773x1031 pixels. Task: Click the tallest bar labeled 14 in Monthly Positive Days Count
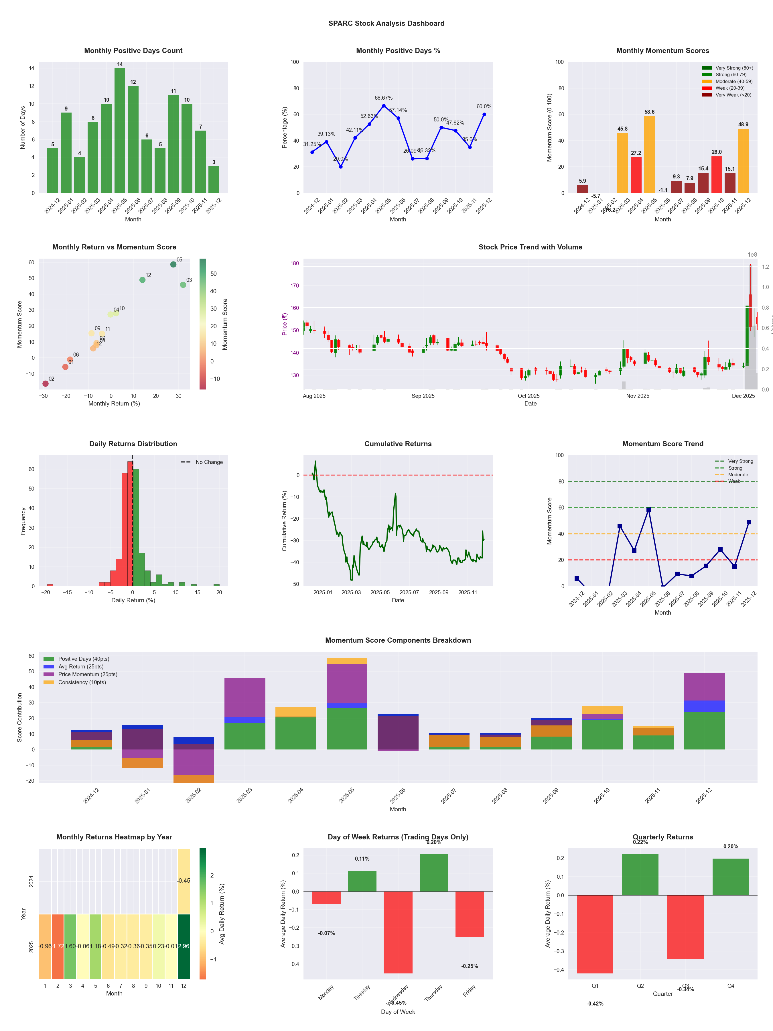(120, 131)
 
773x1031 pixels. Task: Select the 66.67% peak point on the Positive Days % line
(384, 106)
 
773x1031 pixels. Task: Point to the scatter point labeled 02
(45, 383)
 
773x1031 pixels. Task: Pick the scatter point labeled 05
(173, 264)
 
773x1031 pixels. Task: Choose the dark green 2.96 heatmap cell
(184, 946)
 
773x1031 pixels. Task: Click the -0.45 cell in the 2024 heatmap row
(184, 881)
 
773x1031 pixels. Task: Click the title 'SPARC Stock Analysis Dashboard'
(386, 23)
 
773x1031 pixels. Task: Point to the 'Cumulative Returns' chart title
(398, 444)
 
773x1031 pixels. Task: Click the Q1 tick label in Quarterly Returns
(595, 986)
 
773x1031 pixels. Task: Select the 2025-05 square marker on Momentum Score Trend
(648, 510)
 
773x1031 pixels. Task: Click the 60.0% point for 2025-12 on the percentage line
(484, 114)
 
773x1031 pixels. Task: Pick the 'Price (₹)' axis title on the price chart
(284, 324)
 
